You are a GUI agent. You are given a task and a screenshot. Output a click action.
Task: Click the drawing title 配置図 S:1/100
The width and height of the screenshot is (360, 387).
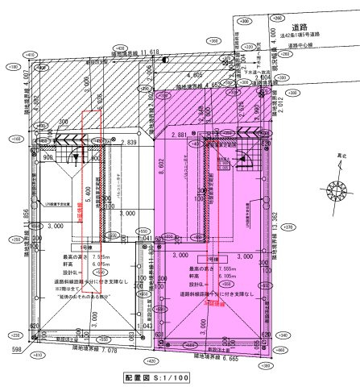tap(157, 377)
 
